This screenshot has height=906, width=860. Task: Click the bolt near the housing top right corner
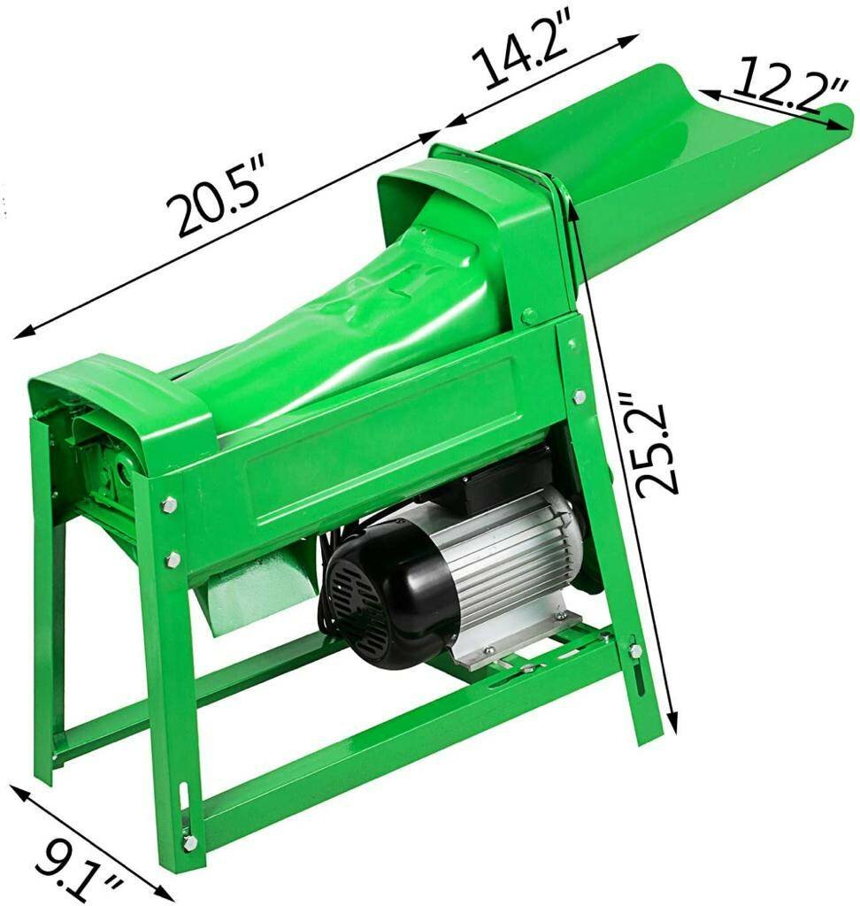[528, 314]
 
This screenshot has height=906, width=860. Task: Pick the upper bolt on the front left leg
[169, 504]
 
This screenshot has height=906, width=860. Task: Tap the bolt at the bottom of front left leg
[189, 842]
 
